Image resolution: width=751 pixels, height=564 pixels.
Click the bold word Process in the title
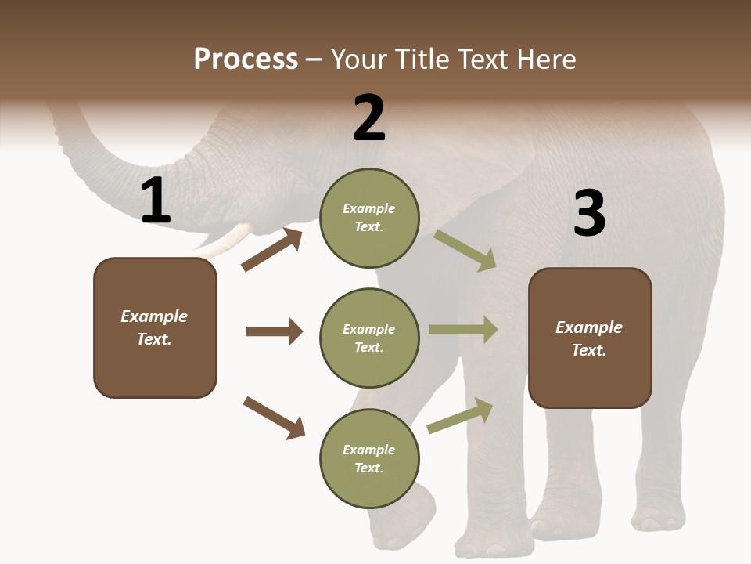[x=246, y=60]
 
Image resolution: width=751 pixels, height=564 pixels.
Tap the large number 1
[x=156, y=201]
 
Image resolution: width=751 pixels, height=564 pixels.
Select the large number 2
[x=369, y=118]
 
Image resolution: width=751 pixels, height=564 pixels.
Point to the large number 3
[x=589, y=213]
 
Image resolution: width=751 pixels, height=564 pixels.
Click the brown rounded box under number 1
[x=155, y=327]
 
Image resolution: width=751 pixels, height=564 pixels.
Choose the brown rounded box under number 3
[x=590, y=338]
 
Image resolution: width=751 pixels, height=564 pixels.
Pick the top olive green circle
[x=369, y=218]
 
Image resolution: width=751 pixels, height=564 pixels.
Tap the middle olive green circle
[x=369, y=338]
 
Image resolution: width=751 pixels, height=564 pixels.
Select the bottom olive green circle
[x=369, y=458]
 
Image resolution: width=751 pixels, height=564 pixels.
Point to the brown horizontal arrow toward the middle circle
[x=274, y=331]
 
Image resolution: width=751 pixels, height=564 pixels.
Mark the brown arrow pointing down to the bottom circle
[x=274, y=418]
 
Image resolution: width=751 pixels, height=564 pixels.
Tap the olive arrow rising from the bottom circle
[x=461, y=415]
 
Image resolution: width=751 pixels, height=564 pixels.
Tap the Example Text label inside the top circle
[x=369, y=218]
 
